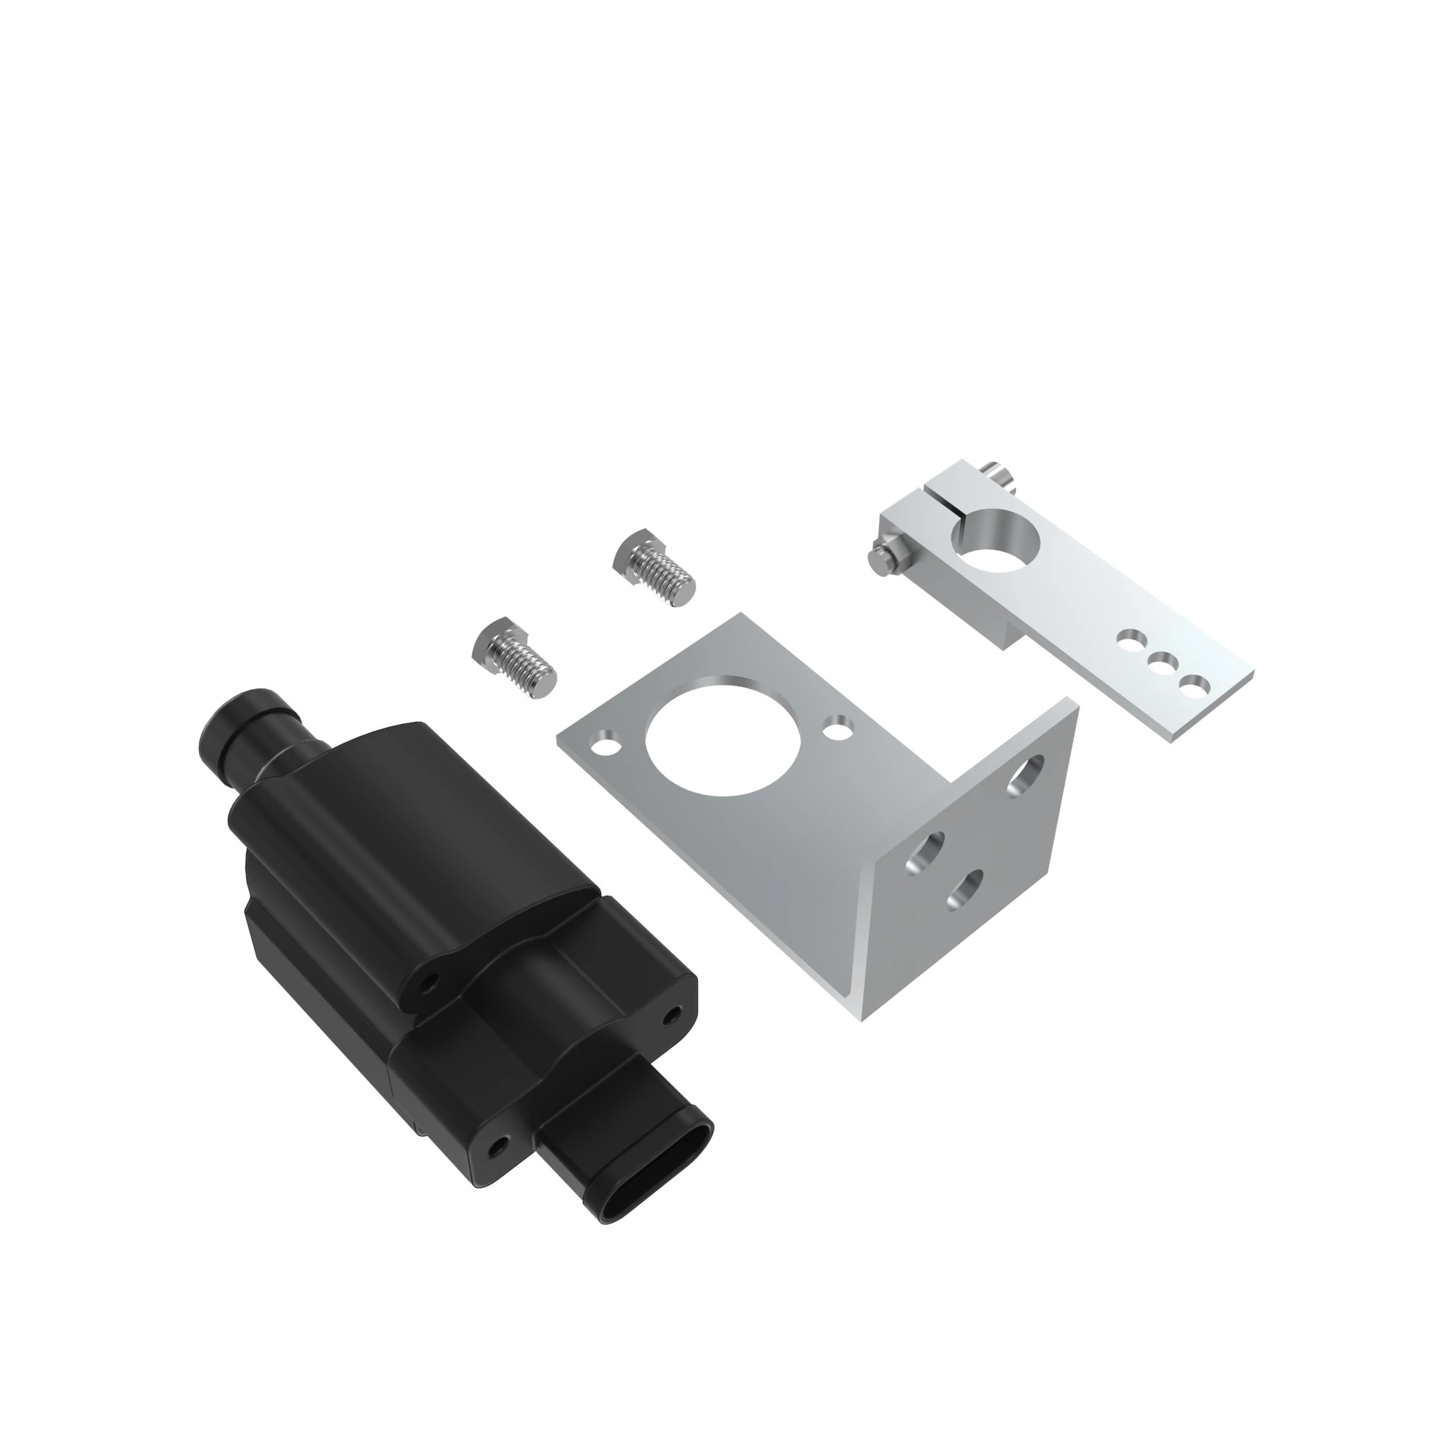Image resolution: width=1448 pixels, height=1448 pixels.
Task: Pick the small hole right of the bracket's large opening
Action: [x=837, y=725]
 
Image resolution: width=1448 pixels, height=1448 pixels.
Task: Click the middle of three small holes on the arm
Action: [x=1162, y=662]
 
